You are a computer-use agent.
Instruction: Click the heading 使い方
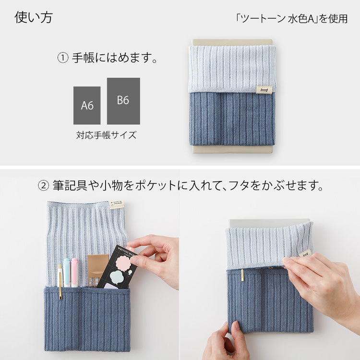point(34,18)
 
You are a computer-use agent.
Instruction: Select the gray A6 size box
point(87,106)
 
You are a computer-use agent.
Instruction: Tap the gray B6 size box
point(123,101)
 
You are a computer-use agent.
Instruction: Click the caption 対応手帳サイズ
point(106,135)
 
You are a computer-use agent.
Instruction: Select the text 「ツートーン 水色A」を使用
point(291,19)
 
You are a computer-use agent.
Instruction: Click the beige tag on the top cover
point(264,90)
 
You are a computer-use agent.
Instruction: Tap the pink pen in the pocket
point(75,273)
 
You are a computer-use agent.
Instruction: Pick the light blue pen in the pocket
point(67,273)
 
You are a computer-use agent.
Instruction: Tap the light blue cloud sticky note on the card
point(118,277)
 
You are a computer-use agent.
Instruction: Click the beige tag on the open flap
point(117,205)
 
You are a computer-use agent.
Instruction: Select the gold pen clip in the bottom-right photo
point(242,275)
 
